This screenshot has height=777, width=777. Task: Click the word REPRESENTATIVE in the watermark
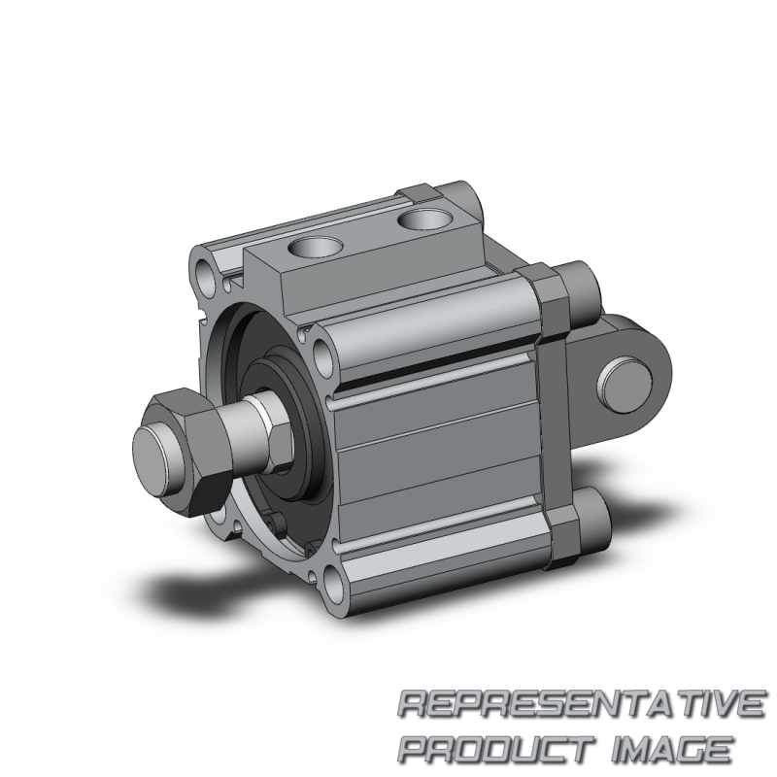coord(582,703)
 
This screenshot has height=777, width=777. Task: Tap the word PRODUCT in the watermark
coord(496,749)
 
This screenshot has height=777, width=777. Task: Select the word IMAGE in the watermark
coord(673,749)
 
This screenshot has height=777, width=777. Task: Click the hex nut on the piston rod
coord(190,451)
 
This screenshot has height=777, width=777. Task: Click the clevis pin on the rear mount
coord(625,385)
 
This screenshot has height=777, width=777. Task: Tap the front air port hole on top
coord(315,246)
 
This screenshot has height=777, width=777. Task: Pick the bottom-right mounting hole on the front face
coord(334,586)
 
